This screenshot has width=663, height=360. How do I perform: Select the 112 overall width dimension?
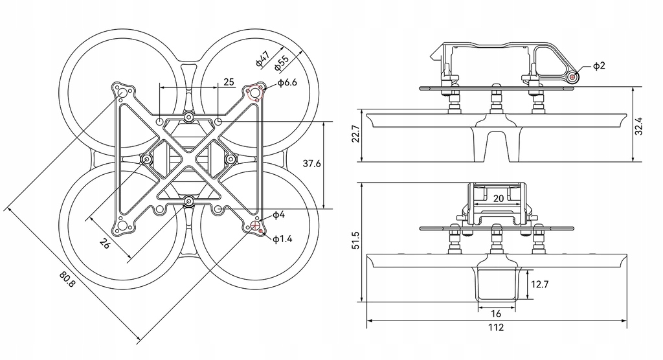click(495, 328)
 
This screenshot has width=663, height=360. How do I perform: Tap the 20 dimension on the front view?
click(498, 199)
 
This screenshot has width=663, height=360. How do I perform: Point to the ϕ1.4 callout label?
click(282, 239)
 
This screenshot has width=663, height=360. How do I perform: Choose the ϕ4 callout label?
click(278, 214)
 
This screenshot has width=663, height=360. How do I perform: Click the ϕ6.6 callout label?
click(286, 82)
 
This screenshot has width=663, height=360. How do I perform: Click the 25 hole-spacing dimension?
click(229, 82)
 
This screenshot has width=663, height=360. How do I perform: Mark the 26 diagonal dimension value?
click(105, 243)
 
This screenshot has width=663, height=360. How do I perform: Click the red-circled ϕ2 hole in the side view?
click(573, 77)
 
